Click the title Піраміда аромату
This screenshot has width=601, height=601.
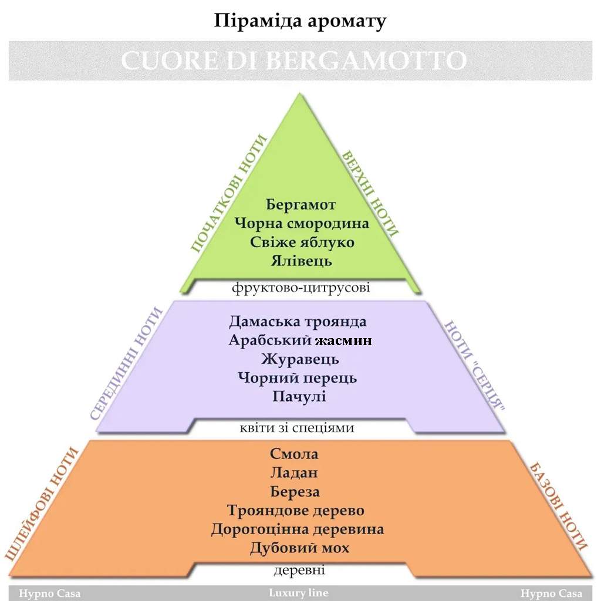point(300,21)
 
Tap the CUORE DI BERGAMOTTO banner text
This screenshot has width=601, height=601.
point(294,60)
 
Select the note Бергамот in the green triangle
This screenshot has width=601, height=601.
point(300,205)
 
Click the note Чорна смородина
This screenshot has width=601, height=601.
point(302,224)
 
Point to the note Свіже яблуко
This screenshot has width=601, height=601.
point(302,242)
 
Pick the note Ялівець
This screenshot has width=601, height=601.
point(302,260)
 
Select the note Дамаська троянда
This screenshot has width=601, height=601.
point(298,322)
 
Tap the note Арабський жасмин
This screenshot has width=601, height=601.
point(300,340)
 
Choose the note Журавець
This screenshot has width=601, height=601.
point(300,359)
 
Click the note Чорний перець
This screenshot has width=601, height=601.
point(298,377)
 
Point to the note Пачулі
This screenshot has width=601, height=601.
point(299,396)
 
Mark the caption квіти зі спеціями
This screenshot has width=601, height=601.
point(297,427)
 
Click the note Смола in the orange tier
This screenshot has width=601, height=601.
point(295,454)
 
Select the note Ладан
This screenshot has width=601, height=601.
point(295,472)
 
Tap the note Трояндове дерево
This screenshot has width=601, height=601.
point(296,510)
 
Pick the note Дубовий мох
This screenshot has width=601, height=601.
point(299,548)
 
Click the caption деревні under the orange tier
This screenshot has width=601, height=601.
point(299,570)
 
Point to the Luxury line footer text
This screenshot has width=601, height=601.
point(299,593)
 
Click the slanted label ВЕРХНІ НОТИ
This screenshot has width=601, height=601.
point(370,193)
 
